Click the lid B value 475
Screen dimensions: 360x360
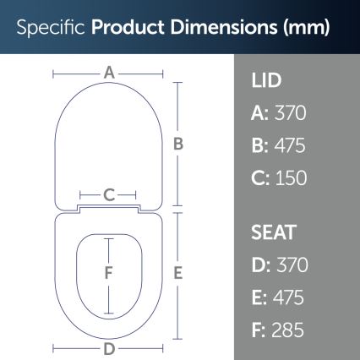291,145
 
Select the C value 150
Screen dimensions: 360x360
292,177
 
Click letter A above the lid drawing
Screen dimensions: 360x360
109,74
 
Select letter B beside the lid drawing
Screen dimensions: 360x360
178,144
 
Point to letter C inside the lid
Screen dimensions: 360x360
109,195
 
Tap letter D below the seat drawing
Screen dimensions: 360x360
109,348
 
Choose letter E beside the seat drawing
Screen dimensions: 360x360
178,273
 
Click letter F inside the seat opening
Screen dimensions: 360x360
108,273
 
